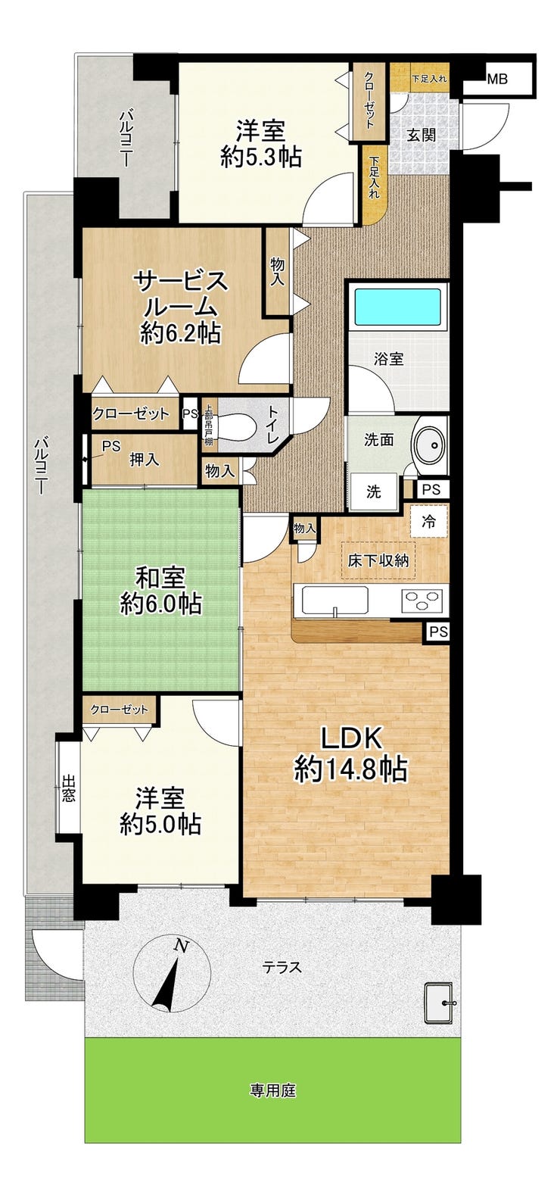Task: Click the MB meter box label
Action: pos(496,80)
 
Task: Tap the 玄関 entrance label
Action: pos(421,134)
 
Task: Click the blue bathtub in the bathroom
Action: pos(397,306)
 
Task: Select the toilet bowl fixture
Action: pos(235,426)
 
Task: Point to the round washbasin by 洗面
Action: pos(429,444)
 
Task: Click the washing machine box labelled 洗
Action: pos(373,491)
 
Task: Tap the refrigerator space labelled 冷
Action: pos(428,522)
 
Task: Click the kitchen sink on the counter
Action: pos(334,600)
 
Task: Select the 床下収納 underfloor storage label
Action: pos(378,560)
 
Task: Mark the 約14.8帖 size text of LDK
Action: pos(350,769)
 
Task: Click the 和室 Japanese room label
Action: pos(160,578)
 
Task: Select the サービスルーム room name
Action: pos(181,294)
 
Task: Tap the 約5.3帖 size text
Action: pos(261,158)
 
